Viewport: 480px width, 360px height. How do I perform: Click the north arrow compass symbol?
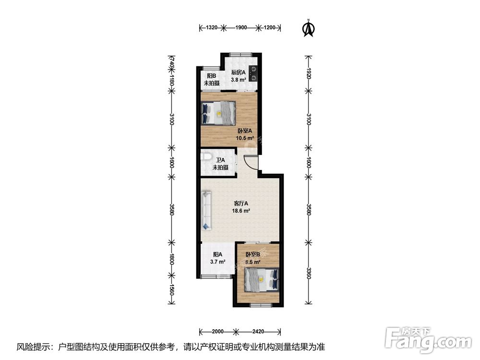point(308,28)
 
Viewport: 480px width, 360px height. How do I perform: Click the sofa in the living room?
point(207,210)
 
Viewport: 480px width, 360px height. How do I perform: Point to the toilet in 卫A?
point(206,157)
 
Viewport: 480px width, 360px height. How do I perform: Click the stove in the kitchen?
point(253,72)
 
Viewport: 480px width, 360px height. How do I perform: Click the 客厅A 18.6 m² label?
point(241,206)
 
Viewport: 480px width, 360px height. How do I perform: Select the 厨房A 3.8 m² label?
point(238,76)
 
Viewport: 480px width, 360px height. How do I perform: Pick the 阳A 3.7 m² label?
point(217,258)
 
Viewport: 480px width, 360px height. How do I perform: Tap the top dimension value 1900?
point(241,28)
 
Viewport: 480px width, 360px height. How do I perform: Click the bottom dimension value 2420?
point(258,332)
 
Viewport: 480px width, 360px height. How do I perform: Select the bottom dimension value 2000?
point(217,332)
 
